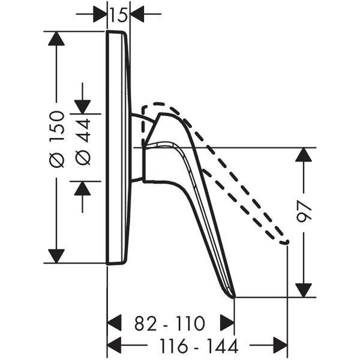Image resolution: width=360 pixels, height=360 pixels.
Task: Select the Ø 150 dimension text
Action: pos(57,139)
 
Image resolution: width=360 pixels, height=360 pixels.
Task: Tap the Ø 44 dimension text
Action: pos(83,142)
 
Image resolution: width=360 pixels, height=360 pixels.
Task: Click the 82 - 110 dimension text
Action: pos(169,323)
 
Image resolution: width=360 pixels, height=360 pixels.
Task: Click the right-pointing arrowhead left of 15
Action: pos(100,14)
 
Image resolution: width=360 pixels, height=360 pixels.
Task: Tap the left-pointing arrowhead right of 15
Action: pos(137,14)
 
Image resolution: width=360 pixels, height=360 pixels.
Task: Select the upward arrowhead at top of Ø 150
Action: pos(56,38)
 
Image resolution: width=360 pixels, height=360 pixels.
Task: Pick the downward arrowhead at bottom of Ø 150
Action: pos(56,256)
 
